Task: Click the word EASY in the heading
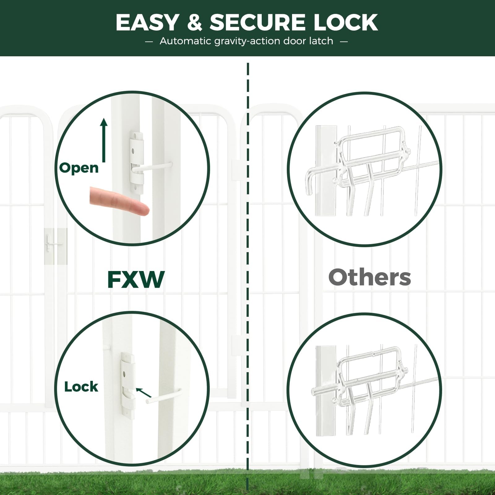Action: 147,22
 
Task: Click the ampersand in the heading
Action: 195,22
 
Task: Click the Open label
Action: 79,168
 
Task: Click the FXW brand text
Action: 136,279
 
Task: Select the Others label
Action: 370,277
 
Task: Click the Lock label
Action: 81,386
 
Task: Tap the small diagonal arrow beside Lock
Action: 144,392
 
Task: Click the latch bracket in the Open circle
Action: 136,162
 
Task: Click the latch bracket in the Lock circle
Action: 128,385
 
